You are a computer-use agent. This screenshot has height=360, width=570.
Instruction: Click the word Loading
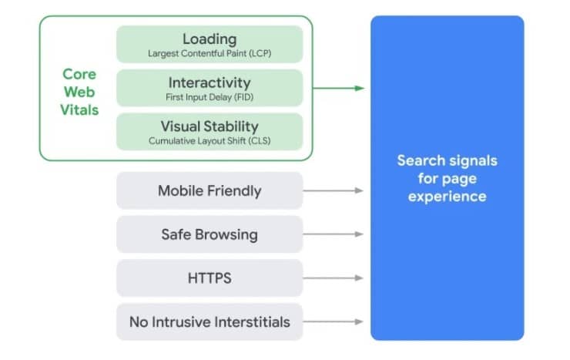click(209, 38)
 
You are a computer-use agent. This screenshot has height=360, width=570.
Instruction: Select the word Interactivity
click(209, 82)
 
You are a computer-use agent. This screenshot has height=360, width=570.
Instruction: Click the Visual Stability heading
click(209, 126)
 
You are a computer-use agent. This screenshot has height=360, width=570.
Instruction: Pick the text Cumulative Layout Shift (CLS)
click(209, 141)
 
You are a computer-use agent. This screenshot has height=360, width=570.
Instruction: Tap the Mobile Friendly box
click(210, 190)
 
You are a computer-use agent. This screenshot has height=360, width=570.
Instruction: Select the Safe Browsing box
click(210, 234)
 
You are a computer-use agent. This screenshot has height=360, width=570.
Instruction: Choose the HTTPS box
click(210, 278)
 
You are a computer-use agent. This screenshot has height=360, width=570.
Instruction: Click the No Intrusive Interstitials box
click(210, 322)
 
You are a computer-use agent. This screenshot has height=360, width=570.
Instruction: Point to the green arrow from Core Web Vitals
click(339, 88)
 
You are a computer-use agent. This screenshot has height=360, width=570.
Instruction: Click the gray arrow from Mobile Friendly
click(334, 190)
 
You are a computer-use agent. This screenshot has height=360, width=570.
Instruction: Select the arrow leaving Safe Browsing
click(334, 234)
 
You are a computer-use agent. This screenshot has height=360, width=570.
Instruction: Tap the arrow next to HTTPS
click(334, 278)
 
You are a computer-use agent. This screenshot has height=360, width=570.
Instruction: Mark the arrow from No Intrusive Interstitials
click(334, 322)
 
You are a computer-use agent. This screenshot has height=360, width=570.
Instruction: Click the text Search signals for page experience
click(447, 178)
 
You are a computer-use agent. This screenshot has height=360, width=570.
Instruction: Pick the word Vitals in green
click(80, 110)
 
